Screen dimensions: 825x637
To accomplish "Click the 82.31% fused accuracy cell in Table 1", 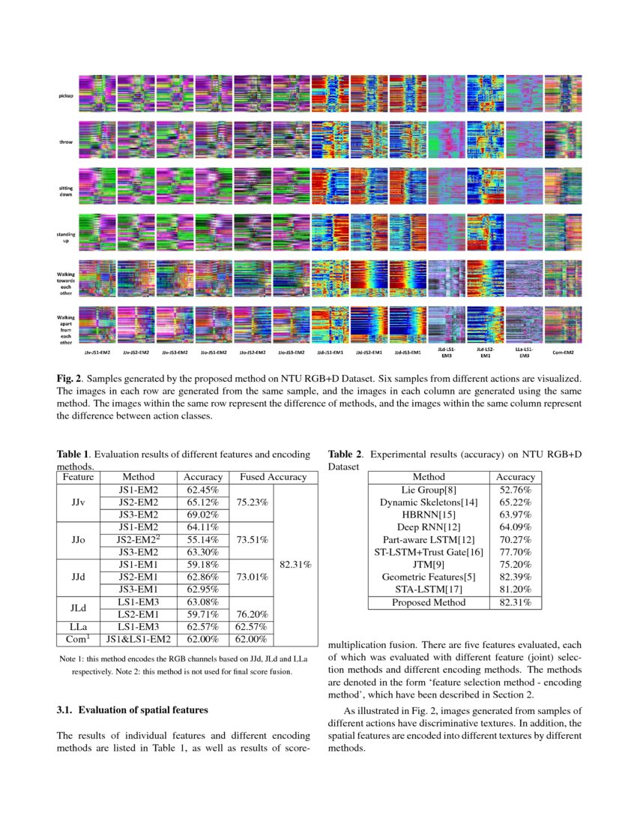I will pyautogui.click(x=293, y=564).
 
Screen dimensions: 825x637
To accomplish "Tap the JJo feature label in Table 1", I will pyautogui.click(x=78, y=539).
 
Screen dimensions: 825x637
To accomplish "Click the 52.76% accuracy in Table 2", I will pyautogui.click(x=516, y=489).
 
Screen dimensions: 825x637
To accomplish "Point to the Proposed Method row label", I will pyautogui.click(x=429, y=602).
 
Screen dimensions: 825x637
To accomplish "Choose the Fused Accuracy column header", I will pyautogui.click(x=273, y=477).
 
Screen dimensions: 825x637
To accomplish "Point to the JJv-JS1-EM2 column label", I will pyautogui.click(x=97, y=351).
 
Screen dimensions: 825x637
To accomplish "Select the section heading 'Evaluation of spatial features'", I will pyautogui.click(x=133, y=709).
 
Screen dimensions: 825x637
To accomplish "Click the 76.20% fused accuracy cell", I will pyautogui.click(x=255, y=614).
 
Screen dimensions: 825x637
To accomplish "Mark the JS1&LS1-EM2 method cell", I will pyautogui.click(x=138, y=639).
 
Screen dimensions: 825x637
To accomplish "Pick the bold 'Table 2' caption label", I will pyautogui.click(x=345, y=454).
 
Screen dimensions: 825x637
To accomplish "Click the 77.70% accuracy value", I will pyautogui.click(x=516, y=552).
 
